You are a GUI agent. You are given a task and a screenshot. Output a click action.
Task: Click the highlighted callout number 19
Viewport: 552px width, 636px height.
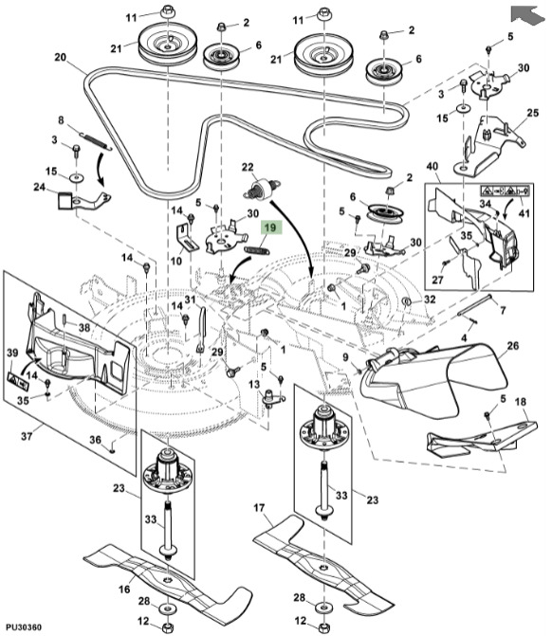point(270,227)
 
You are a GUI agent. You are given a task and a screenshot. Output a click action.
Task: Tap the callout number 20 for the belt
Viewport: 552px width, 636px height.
point(60,57)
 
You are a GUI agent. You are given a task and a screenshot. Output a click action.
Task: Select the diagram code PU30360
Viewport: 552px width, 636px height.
point(23,627)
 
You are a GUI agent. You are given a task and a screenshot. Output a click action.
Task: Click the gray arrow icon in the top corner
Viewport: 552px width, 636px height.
point(524,12)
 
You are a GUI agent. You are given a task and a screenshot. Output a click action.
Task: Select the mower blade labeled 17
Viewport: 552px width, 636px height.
point(322,559)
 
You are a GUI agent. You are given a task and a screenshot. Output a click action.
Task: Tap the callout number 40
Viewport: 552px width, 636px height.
point(433,167)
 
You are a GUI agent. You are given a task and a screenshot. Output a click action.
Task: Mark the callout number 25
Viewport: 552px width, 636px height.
point(532,113)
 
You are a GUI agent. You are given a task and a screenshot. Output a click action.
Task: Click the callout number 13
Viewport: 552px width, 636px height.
point(254,384)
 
